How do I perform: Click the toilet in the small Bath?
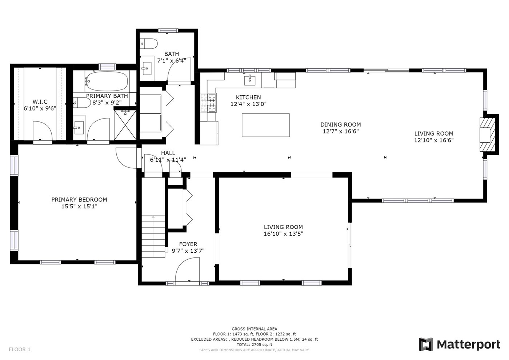pos(149,43)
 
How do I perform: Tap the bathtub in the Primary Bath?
pos(107,81)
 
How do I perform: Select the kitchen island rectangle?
pos(266,125)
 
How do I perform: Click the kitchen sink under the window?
pos(250,80)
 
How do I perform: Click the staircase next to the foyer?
pos(153,236)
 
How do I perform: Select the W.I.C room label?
pos(40,101)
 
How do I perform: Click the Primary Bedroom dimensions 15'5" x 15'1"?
pos(79,207)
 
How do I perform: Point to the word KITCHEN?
pos(248,97)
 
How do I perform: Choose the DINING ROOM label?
pos(341,124)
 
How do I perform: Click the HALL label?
pos(168,153)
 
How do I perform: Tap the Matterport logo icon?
pos(426,344)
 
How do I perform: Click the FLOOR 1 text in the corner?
pos(20,349)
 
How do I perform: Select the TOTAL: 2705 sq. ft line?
pos(254,345)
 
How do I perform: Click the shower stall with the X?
pos(125,125)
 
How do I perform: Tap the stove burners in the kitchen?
pos(208,103)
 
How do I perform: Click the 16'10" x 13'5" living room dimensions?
pos(283,234)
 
